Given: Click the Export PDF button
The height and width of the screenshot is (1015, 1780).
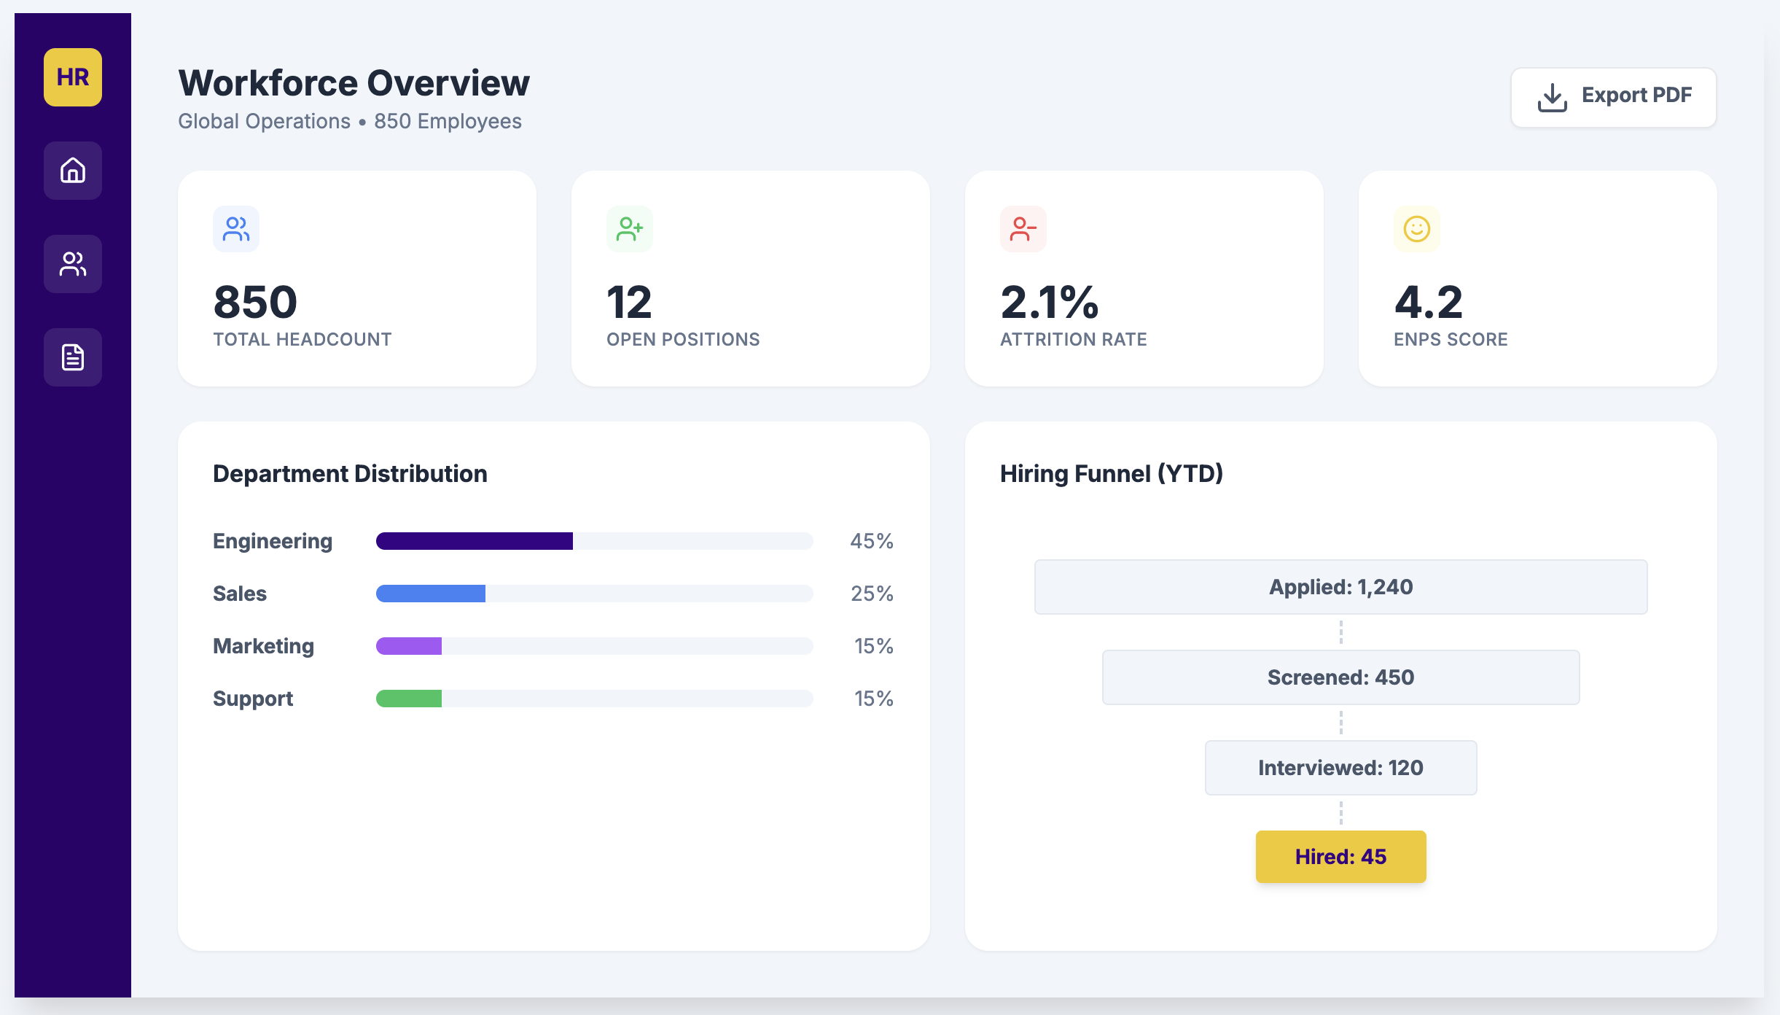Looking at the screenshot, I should point(1613,97).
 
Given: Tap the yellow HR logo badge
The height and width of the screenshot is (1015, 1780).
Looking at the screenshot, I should point(73,77).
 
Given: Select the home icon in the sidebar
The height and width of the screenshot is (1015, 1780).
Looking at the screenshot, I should point(73,171).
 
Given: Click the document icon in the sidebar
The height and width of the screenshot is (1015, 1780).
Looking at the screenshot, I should point(73,357).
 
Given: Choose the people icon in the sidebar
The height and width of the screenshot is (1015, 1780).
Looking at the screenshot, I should point(73,264).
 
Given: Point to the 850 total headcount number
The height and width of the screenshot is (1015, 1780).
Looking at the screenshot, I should point(255,302).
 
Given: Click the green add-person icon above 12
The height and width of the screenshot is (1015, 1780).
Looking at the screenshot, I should point(630,229).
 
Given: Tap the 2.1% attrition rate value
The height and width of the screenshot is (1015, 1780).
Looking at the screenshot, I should point(1049,302).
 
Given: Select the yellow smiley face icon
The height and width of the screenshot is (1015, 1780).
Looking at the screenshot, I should point(1416,229).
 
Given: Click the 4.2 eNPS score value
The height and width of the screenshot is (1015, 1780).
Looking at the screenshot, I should point(1428,302).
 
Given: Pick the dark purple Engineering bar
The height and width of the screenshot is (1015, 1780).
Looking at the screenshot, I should point(474,541).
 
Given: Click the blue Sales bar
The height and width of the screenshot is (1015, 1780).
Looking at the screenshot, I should point(430,594).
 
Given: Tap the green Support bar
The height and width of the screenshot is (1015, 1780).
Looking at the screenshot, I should point(408,699).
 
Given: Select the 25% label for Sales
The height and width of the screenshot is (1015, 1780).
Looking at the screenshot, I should point(872,594).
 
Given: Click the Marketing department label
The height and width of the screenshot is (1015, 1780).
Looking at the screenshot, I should point(263,646).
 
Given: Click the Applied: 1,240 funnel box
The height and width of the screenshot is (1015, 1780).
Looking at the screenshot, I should point(1340,587).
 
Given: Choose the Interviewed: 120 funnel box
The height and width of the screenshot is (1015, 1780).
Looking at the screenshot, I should point(1340,768).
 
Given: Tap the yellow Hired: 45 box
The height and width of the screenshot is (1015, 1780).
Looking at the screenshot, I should point(1340,857).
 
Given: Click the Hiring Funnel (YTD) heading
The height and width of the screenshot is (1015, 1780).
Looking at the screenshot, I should point(1111,474).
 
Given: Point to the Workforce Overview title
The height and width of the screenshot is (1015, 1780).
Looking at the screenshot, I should point(354,83).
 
